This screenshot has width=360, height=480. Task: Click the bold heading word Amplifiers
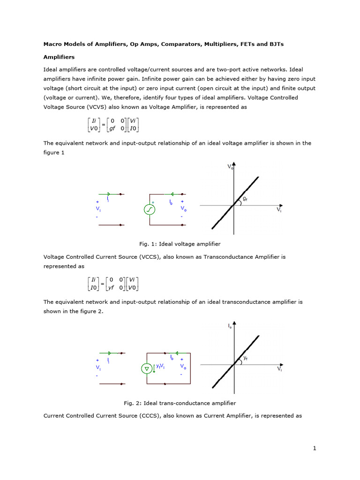coord(59,57)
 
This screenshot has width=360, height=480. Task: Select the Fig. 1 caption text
coord(180,244)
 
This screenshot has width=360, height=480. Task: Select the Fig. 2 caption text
coord(180,403)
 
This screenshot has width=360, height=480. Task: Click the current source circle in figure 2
coord(147,369)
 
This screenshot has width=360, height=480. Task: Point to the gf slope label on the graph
coord(245,199)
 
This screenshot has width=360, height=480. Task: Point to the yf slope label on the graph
coord(245,358)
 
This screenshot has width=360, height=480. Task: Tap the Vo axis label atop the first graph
coord(230,166)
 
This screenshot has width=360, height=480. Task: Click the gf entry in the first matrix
coord(112,128)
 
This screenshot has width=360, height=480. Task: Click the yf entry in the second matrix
coord(112,287)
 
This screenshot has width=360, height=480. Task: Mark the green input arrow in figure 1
coord(109,194)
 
